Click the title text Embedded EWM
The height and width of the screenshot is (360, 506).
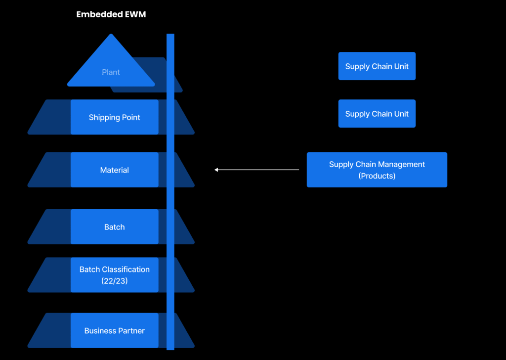tap(111, 15)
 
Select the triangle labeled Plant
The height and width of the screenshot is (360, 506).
tap(111, 69)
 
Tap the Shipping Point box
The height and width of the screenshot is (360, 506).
tap(114, 117)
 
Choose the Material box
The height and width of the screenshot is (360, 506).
tap(114, 170)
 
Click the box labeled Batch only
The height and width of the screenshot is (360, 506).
tap(114, 227)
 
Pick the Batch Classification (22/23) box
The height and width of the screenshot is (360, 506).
tap(114, 274)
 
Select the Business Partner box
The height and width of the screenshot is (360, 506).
tap(114, 331)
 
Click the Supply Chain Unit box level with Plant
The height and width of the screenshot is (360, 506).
tap(377, 66)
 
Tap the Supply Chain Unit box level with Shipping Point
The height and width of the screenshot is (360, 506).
tap(377, 114)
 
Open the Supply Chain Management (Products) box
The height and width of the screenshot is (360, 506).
tap(377, 170)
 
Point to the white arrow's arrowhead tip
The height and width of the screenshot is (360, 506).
tap(215, 170)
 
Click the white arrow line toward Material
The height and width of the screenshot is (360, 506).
tap(257, 170)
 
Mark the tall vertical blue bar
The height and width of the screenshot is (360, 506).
tap(170, 198)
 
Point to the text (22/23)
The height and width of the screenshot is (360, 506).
tap(114, 280)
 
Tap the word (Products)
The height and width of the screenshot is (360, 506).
tap(377, 176)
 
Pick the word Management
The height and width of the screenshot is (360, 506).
tap(401, 164)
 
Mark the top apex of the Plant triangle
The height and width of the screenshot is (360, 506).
tap(111, 35)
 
